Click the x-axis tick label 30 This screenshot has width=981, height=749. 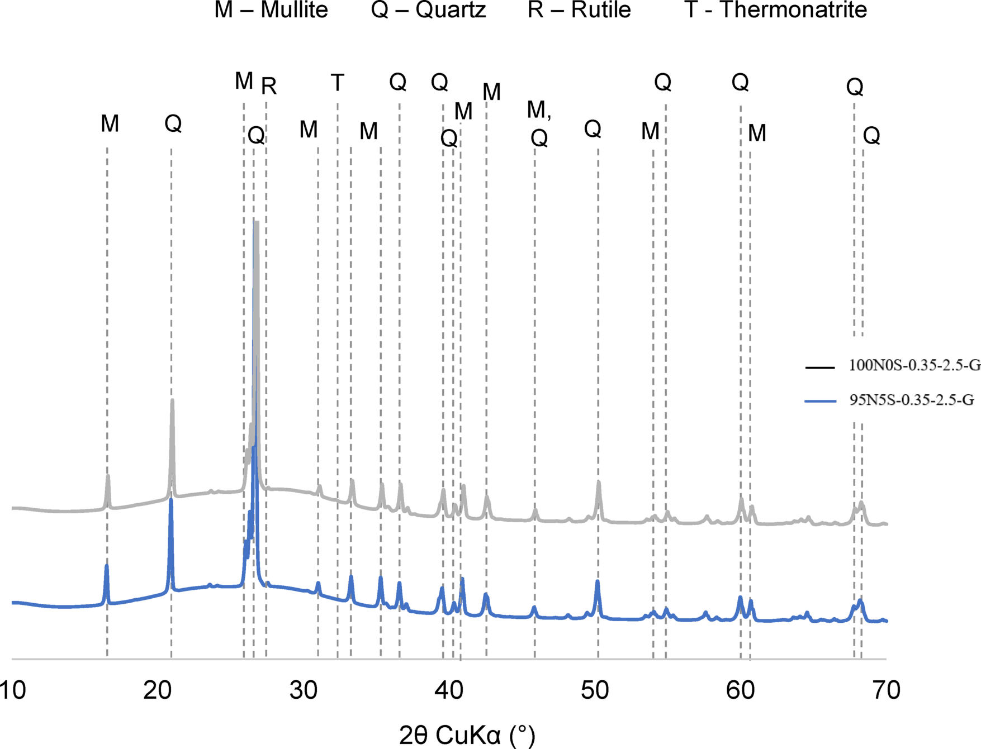tap(304, 690)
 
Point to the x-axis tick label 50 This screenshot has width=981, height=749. tap(595, 690)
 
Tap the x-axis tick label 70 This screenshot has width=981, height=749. tap(886, 690)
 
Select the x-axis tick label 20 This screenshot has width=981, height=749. tap(157, 690)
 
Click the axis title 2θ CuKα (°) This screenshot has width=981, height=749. tap(467, 735)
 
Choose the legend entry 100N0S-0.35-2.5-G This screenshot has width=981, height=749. tap(914, 365)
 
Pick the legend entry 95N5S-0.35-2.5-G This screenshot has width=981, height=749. tap(912, 400)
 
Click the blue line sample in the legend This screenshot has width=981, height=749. tap(820, 401)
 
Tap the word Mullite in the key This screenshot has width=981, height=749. tap(294, 10)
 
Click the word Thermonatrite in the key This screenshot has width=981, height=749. tap(793, 10)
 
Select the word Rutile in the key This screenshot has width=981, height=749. tap(601, 10)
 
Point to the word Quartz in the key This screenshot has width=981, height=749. tap(451, 10)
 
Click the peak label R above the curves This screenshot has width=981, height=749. tap(269, 87)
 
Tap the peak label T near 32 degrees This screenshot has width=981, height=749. tap(337, 83)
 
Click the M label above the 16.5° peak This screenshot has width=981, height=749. tap(110, 124)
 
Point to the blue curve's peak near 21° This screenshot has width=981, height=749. tap(171, 500)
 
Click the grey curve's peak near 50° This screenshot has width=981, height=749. tap(598, 481)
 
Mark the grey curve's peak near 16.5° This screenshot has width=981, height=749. tap(107, 476)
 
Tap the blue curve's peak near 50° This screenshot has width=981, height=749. tap(598, 581)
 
